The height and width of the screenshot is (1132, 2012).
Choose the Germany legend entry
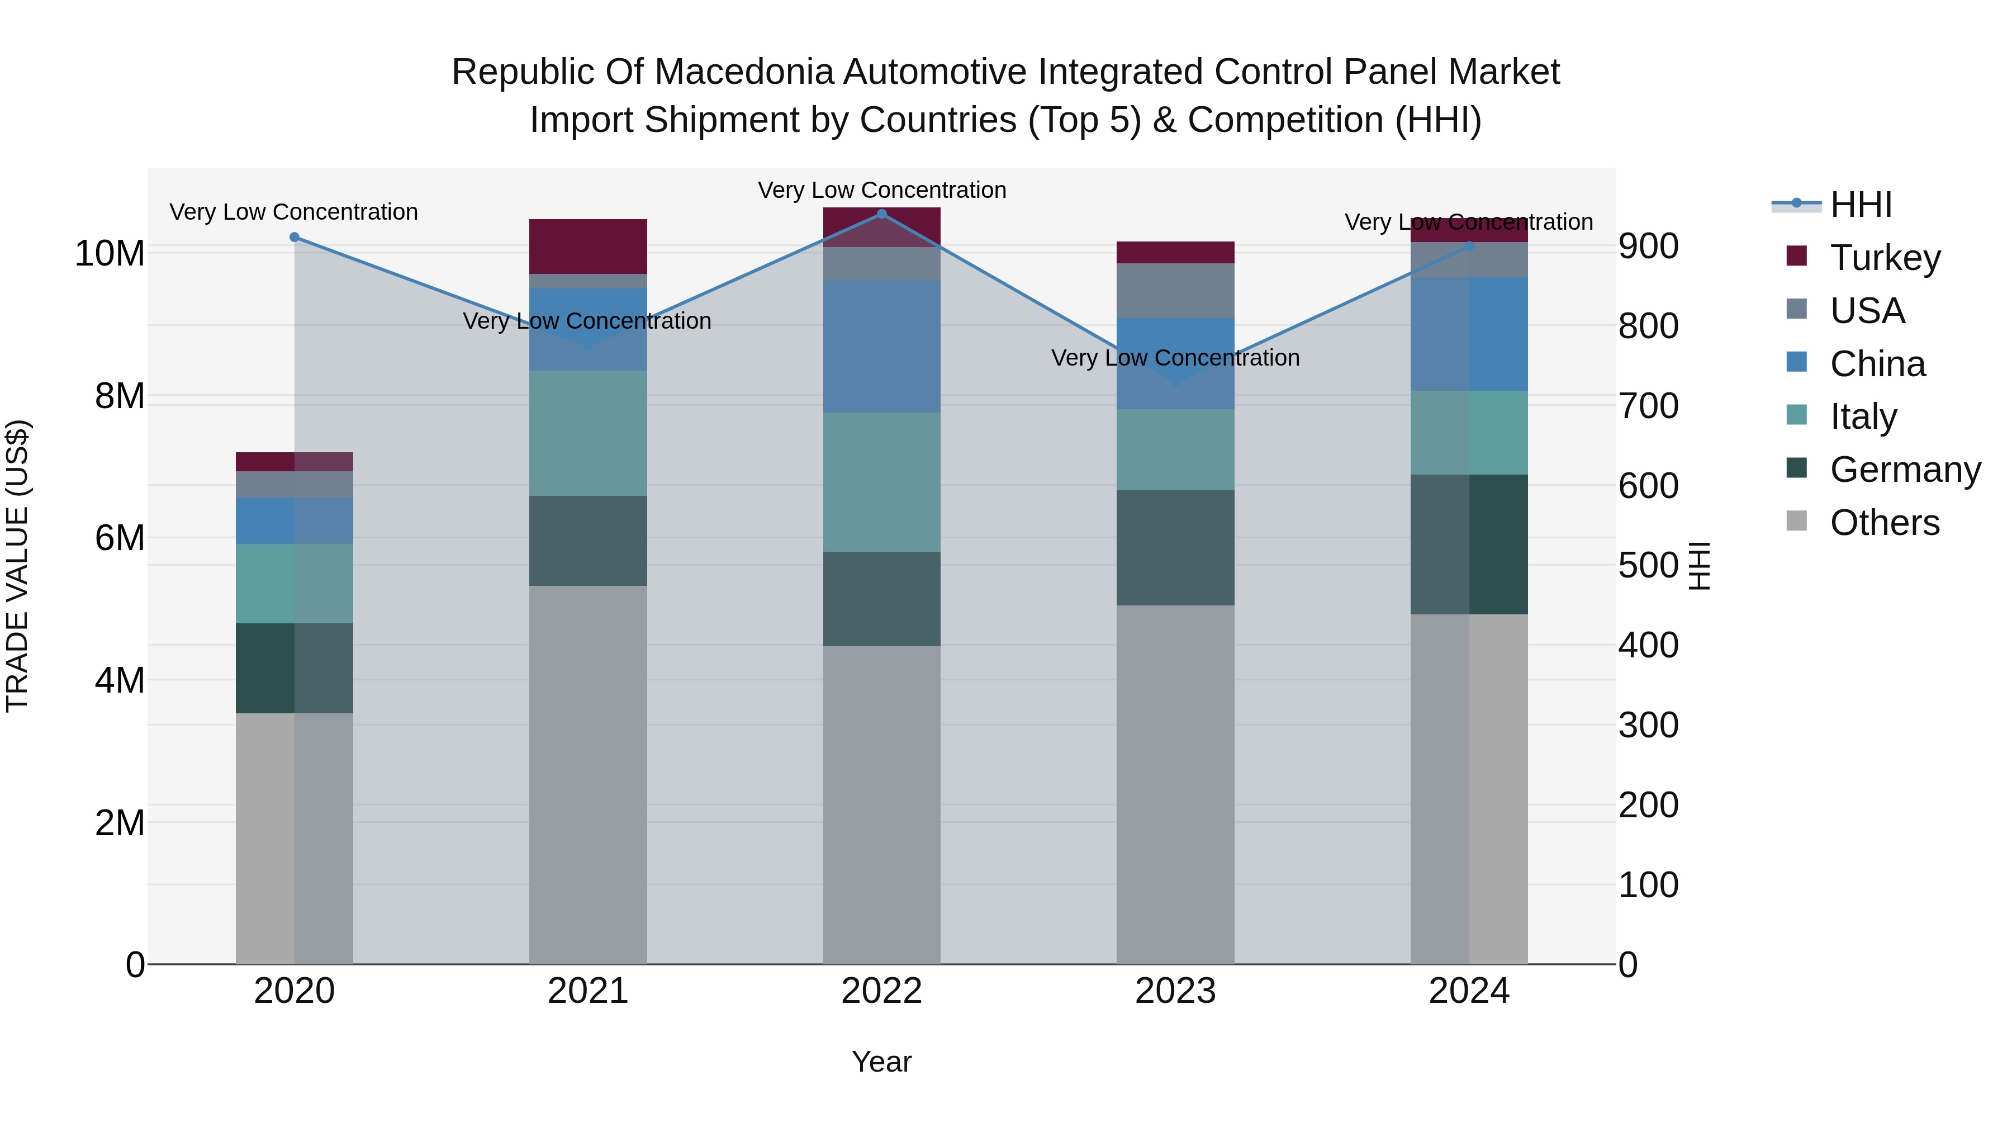[x=1905, y=470]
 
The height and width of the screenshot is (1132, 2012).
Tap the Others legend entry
[x=1884, y=523]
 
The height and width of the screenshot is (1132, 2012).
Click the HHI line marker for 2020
[x=295, y=238]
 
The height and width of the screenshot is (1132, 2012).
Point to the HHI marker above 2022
[x=882, y=214]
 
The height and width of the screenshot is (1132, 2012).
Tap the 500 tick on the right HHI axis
[x=1648, y=566]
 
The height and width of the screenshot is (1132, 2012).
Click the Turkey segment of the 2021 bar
[x=587, y=246]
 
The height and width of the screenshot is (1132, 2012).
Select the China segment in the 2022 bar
[x=882, y=346]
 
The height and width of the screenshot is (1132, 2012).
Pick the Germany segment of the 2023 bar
[x=1175, y=548]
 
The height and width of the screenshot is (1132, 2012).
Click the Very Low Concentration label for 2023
[x=1175, y=358]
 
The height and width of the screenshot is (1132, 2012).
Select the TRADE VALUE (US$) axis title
[x=17, y=566]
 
